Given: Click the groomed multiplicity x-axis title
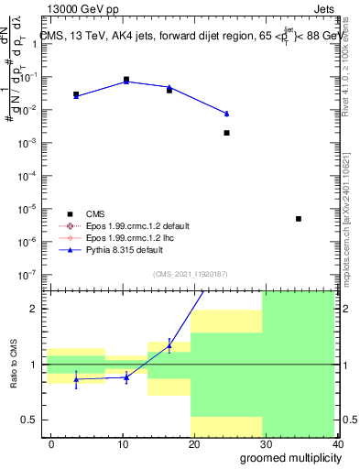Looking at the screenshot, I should pyautogui.click(x=288, y=457).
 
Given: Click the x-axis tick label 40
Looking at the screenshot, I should pyautogui.click(x=337, y=443).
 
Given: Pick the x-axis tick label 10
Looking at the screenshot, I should pyautogui.click(x=123, y=443).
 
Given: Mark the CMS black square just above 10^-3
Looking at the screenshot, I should pyautogui.click(x=226, y=133).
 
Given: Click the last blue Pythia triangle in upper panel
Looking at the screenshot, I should pyautogui.click(x=226, y=114).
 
